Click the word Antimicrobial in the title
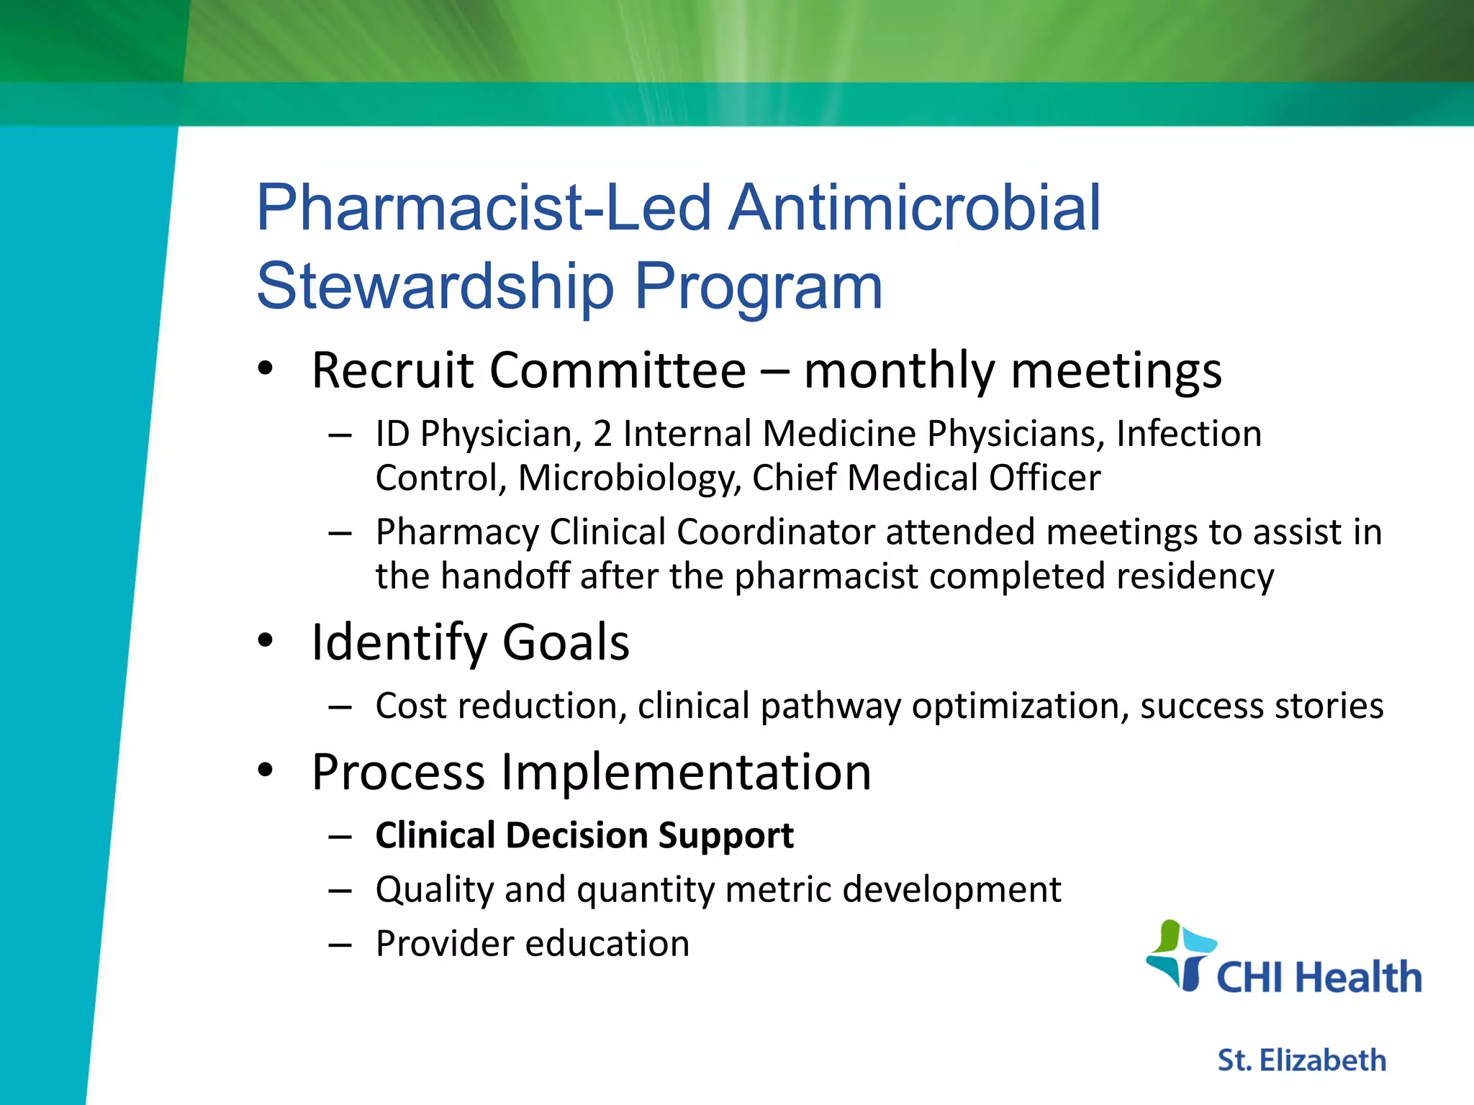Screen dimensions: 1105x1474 pos(915,208)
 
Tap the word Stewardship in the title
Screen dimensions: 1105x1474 pos(435,286)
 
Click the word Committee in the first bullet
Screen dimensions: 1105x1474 pos(619,370)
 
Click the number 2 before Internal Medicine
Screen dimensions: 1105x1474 pos(602,435)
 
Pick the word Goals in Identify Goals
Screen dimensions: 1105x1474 pos(566,642)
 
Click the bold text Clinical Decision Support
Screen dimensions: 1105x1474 pos(584,836)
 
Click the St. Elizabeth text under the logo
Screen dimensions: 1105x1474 pos(1301,1060)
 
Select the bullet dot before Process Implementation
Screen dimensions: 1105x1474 pos(266,770)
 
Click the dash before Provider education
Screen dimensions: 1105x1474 pos(340,945)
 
